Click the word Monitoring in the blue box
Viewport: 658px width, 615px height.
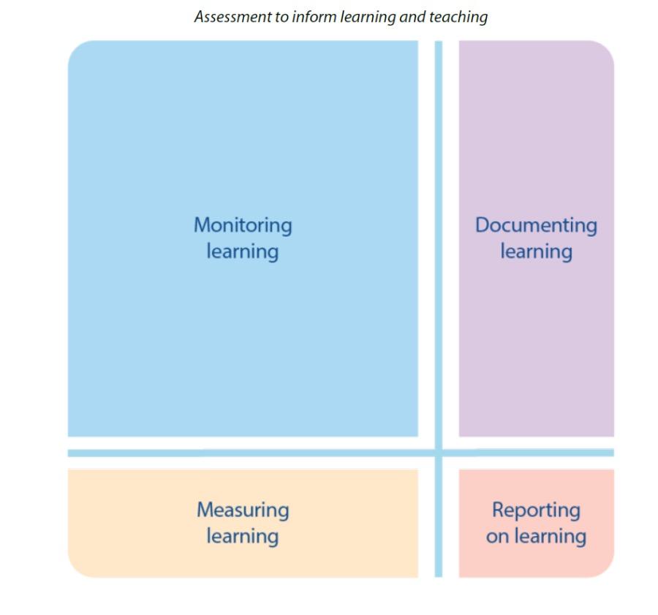pyautogui.click(x=242, y=225)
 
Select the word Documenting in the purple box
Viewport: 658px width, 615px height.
pyautogui.click(x=536, y=225)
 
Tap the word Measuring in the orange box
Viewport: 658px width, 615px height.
pyautogui.click(x=242, y=510)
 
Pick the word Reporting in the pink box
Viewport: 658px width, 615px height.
pyautogui.click(x=536, y=510)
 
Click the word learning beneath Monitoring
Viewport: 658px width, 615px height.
pyautogui.click(x=242, y=252)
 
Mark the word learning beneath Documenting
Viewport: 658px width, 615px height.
pyautogui.click(x=536, y=252)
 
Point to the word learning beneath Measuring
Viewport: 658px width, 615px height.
pyautogui.click(x=242, y=536)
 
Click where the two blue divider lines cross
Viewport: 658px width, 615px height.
pyautogui.click(x=439, y=453)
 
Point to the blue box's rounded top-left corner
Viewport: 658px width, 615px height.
pyautogui.click(x=76, y=49)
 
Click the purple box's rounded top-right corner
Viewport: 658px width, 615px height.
pyautogui.click(x=606, y=49)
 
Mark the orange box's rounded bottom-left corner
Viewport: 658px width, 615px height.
pyautogui.click(x=75, y=570)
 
